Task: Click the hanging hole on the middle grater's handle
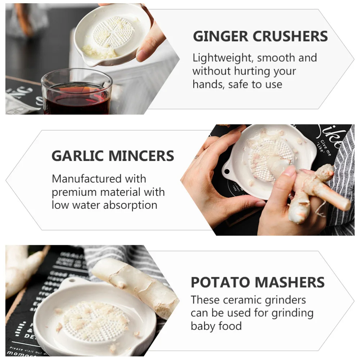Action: click(227, 169)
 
